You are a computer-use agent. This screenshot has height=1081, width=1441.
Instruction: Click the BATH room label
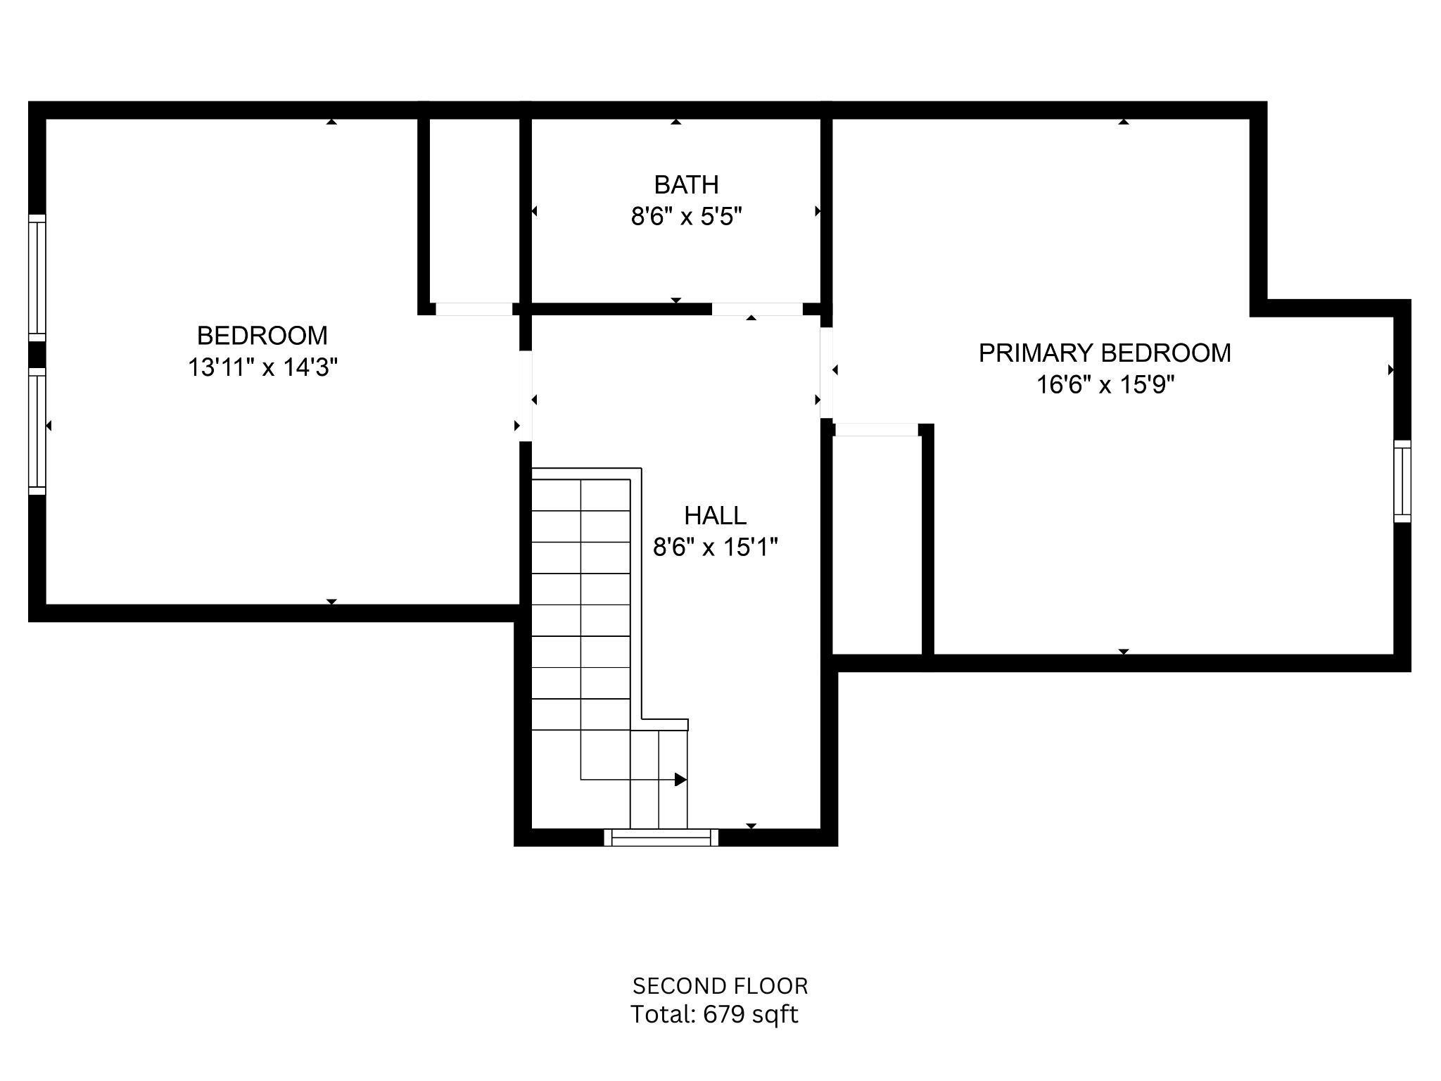(x=686, y=185)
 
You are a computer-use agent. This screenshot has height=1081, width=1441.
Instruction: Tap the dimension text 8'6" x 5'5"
(x=686, y=217)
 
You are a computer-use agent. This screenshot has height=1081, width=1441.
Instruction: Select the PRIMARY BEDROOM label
(x=1105, y=353)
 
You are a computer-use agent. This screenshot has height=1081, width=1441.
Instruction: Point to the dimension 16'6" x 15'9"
(x=1105, y=385)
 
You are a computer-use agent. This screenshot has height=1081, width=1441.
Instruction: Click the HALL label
(x=715, y=516)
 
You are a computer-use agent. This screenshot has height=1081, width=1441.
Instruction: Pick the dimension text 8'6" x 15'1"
(x=715, y=548)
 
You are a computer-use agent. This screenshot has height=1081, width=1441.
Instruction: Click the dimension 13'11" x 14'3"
(x=262, y=367)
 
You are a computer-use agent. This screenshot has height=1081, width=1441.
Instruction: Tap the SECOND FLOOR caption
(x=720, y=986)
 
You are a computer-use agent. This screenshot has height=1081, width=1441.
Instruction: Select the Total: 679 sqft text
(x=713, y=1015)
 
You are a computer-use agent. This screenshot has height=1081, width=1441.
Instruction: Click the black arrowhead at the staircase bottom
(x=680, y=780)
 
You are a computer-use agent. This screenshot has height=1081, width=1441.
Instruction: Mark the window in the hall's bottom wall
(x=661, y=837)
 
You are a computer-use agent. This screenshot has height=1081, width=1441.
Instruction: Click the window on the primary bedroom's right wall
(x=1402, y=481)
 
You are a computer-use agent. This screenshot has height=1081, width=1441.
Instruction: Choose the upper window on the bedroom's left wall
(x=37, y=278)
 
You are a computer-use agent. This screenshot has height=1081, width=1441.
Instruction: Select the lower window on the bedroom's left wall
(x=37, y=431)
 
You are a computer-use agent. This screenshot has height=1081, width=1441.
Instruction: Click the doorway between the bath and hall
(x=757, y=309)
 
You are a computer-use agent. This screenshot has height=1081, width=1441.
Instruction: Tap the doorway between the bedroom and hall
(x=525, y=396)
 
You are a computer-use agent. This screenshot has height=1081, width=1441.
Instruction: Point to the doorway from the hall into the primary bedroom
(x=827, y=372)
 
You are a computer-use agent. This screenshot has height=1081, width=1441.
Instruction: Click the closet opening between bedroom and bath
(x=474, y=309)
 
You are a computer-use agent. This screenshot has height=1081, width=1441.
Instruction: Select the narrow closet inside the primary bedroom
(x=877, y=545)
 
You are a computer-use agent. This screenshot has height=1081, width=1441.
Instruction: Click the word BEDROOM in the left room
(x=262, y=336)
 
